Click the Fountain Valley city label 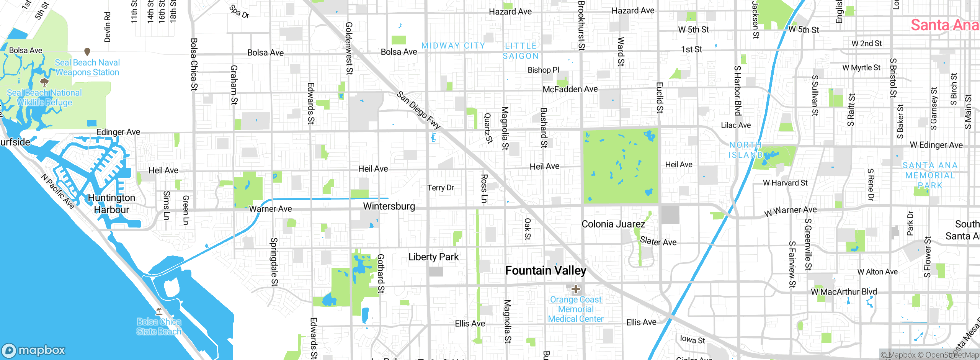coord(546,271)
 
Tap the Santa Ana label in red coord(944,25)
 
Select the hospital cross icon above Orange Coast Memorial coord(575,289)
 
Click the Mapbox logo coord(34,350)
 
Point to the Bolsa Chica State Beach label coord(158,327)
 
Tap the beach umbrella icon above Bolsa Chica coord(159,311)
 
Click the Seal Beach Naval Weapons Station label coord(87,67)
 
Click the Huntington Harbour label coord(111,204)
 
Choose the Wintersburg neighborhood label coord(389,206)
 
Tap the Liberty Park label coord(433,257)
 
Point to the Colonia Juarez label coord(613,224)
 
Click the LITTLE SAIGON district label coord(521,51)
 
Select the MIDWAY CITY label coord(453,46)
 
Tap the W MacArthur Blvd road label coord(844,292)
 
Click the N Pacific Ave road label coord(58,191)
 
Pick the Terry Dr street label coord(441,188)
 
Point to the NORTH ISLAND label coord(745,150)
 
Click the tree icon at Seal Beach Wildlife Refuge coord(44,82)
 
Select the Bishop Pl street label coord(543,70)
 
